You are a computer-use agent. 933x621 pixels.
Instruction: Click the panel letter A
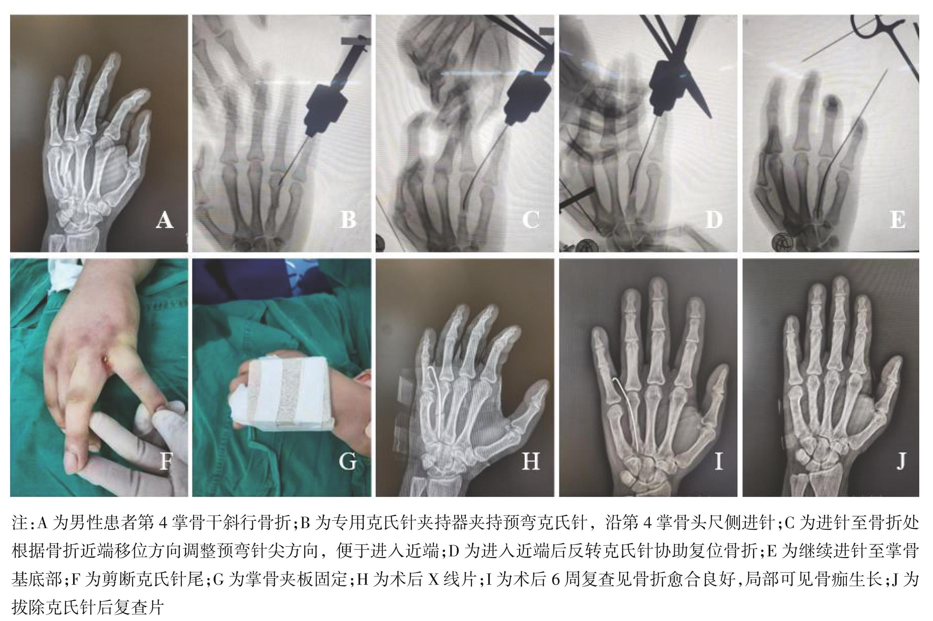164,220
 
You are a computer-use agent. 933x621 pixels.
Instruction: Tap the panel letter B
347,220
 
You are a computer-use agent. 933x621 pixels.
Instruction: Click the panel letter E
897,220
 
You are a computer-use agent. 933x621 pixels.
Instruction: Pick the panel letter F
166,461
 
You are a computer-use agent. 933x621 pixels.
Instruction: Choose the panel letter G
347,461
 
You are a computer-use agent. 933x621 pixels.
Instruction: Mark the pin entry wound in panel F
106,359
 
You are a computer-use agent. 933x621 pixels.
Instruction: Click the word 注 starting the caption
19,523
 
